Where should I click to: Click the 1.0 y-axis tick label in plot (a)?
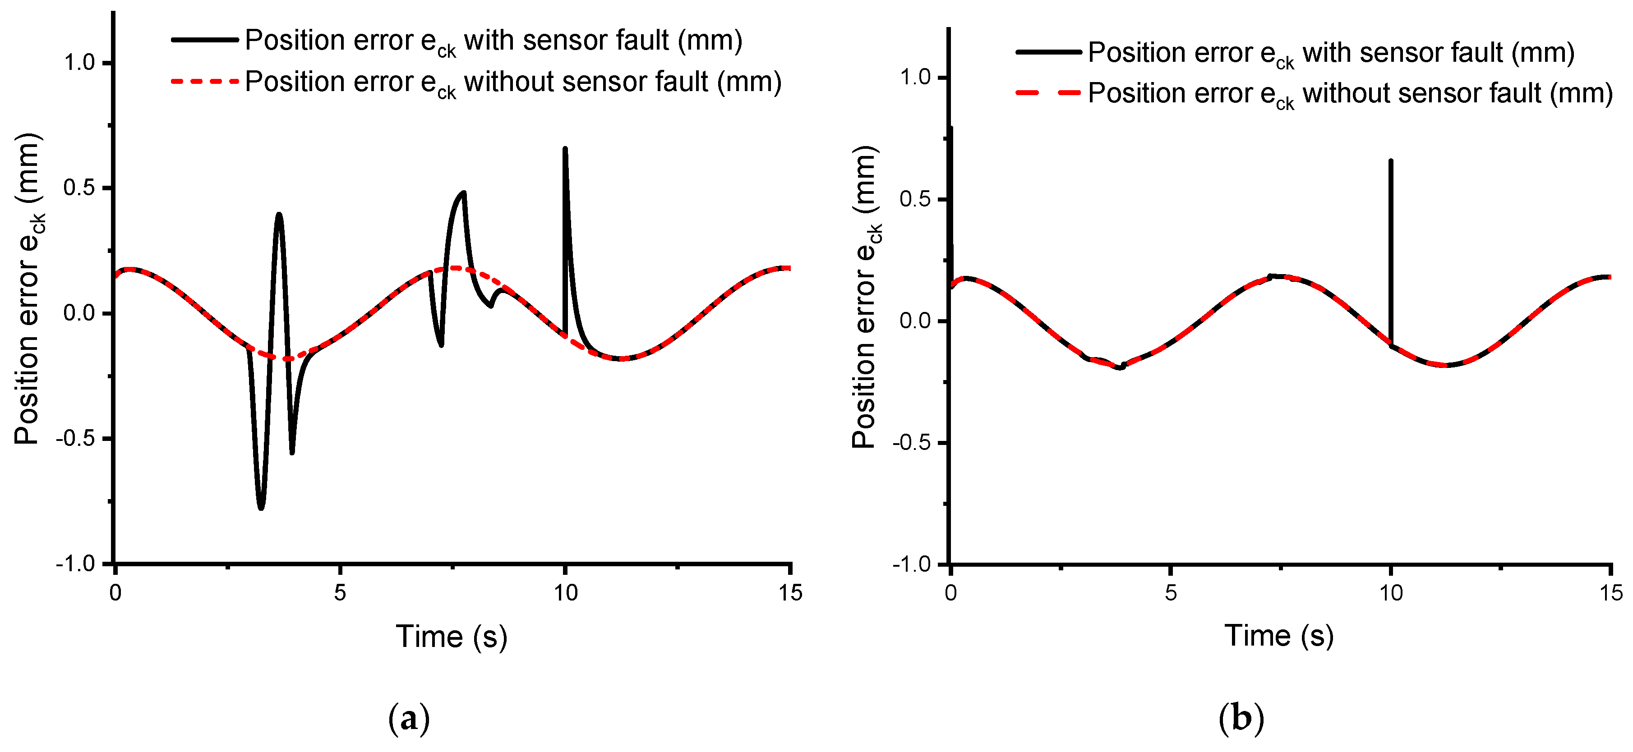click(x=79, y=63)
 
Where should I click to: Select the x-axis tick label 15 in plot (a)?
click(x=790, y=593)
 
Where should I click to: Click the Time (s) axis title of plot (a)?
click(x=452, y=637)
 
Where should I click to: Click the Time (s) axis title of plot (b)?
click(x=1278, y=635)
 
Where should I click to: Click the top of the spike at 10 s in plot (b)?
click(x=1390, y=161)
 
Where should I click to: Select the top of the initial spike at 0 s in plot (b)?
click(x=951, y=128)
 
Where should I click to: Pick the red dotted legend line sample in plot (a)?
click(x=204, y=81)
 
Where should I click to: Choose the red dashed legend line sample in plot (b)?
click(x=1048, y=93)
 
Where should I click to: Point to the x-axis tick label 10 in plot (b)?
click(x=1390, y=593)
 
